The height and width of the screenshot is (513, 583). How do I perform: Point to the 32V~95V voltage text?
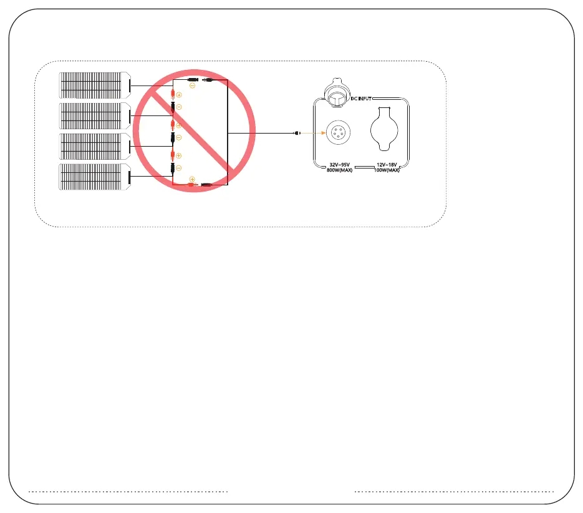click(x=340, y=165)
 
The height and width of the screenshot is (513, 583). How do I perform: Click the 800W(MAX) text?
click(x=340, y=170)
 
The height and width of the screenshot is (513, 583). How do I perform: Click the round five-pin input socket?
click(x=337, y=134)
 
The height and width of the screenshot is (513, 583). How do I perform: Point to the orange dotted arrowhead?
click(x=321, y=134)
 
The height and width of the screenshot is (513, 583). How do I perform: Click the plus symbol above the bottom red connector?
click(x=192, y=179)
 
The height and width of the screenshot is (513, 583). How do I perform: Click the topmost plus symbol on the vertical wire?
click(x=179, y=95)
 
